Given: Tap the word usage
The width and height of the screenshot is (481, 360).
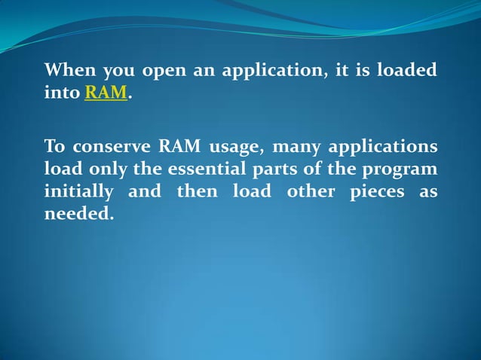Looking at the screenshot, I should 234,146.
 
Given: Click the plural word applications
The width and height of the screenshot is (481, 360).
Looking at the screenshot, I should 384,146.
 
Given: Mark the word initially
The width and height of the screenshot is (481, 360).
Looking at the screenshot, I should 78,192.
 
